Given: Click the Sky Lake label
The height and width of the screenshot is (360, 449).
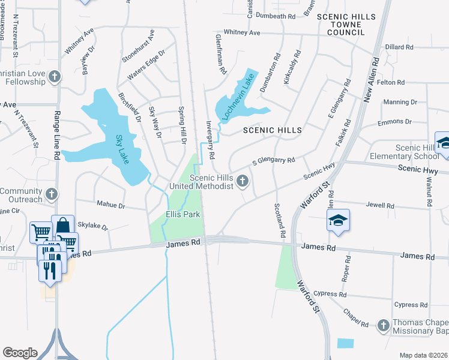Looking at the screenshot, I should (x=122, y=149).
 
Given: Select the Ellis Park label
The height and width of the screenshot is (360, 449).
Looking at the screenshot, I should (x=182, y=214).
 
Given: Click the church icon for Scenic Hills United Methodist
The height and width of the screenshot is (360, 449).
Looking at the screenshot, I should (x=243, y=180).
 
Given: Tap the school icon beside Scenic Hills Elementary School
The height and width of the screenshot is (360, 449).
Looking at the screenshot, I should (x=444, y=142).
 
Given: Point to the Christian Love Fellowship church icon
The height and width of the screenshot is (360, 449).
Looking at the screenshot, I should (x=55, y=77).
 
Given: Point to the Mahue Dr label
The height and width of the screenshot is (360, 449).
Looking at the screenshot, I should (x=110, y=205).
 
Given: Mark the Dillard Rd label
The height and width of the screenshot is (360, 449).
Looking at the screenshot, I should (x=399, y=47).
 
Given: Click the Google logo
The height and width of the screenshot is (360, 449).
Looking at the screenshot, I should (x=20, y=352).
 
